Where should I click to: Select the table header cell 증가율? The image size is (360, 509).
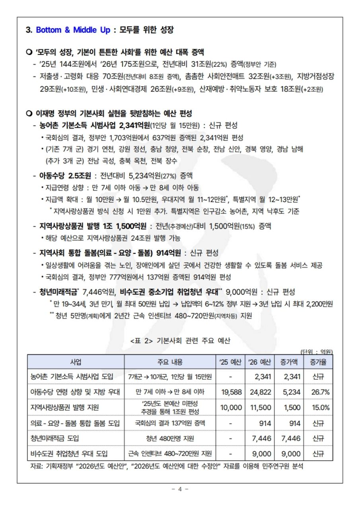click(x=318, y=362)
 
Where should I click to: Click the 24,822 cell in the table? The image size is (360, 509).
click(x=259, y=392)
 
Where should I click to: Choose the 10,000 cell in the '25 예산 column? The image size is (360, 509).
click(x=231, y=407)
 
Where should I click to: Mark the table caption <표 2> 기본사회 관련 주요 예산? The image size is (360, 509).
click(x=180, y=340)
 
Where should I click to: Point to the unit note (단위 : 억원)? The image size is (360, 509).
click(x=317, y=352)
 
